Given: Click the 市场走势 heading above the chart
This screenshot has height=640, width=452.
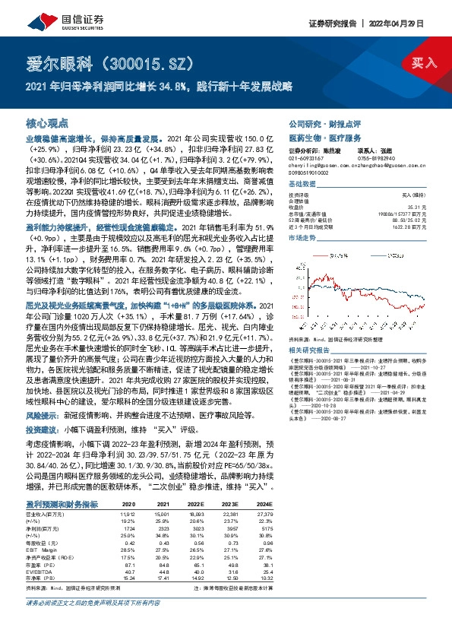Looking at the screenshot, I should (302, 238).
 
